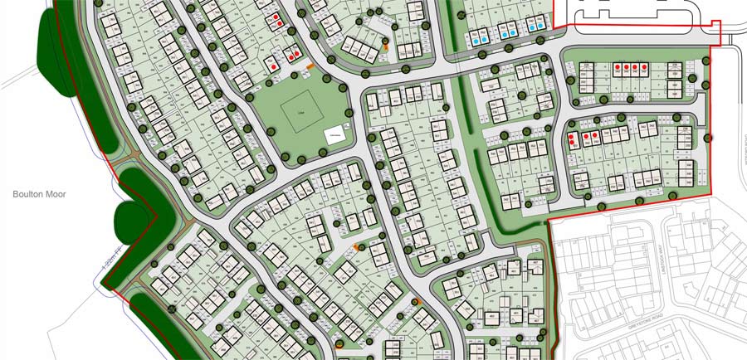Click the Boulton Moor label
(x=38, y=194)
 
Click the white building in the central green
(x=334, y=135)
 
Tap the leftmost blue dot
(x=476, y=38)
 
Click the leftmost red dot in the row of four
(x=618, y=67)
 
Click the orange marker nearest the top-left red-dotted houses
(x=309, y=64)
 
